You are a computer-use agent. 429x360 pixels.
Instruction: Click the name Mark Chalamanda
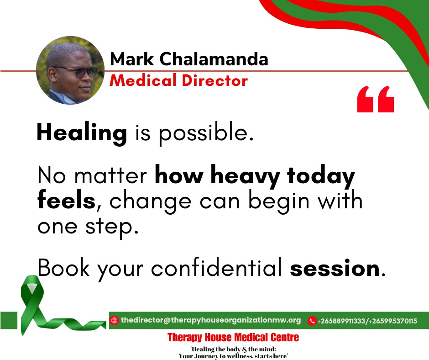189,59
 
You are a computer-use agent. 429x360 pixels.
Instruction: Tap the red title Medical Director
178,80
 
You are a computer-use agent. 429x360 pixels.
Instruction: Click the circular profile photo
70,70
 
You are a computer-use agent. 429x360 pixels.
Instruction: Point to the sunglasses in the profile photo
78,72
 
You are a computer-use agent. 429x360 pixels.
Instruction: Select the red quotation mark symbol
375,99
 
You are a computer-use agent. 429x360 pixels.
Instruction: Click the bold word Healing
82,133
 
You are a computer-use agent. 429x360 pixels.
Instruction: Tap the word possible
206,132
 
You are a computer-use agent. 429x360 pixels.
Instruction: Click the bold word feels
67,200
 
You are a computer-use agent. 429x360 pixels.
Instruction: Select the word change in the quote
150,202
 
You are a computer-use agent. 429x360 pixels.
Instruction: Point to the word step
112,227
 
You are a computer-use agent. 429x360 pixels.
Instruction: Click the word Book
63,267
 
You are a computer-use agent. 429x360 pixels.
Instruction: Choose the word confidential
216,267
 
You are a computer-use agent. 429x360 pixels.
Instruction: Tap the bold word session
335,268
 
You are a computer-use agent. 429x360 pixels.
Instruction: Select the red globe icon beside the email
114,320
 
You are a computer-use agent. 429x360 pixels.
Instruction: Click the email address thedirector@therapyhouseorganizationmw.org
211,320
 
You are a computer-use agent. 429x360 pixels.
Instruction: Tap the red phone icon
312,321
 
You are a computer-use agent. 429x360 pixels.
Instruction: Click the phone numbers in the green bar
367,321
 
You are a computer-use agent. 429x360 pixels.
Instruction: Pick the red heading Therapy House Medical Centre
233,337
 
